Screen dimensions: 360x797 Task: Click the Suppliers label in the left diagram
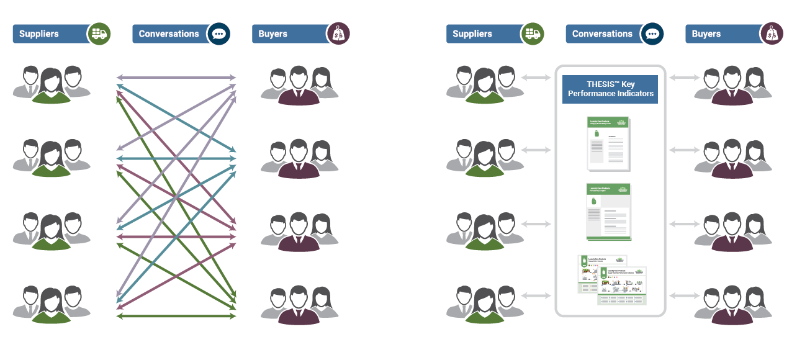(39, 34)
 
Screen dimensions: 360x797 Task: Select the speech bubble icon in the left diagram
(218, 34)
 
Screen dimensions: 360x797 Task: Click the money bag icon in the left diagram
(338, 34)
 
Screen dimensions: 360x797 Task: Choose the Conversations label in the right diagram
(602, 34)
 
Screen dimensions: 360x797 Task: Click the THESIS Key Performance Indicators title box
(610, 89)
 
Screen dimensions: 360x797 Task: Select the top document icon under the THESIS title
(609, 143)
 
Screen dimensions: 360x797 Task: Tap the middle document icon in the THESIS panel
(609, 212)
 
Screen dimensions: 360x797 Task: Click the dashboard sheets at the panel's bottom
(612, 279)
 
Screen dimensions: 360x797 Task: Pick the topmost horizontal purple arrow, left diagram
(176, 78)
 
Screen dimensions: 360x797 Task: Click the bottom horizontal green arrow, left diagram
(176, 317)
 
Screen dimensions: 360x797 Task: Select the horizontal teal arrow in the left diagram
(176, 158)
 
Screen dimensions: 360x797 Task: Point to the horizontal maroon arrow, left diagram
(176, 236)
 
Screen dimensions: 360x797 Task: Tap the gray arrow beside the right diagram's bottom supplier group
(537, 297)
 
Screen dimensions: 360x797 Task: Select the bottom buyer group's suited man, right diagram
(732, 306)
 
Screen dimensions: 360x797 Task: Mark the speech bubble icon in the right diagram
(652, 34)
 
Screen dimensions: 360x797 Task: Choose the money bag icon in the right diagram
(772, 34)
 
